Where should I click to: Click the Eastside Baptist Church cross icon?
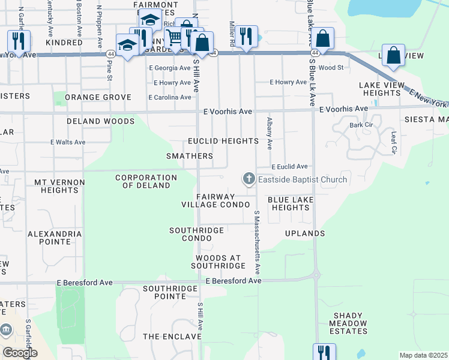tap(249, 179)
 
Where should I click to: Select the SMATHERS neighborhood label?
tap(190, 156)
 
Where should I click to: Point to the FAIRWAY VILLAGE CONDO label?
tap(215, 200)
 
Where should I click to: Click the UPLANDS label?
tap(305, 233)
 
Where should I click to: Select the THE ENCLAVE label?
tap(172, 337)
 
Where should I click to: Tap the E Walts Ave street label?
tap(68, 142)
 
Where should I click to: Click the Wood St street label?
tap(331, 68)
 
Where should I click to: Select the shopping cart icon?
tap(173, 37)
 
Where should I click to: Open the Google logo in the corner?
tap(20, 353)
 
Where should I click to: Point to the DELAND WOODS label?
tap(100, 121)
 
